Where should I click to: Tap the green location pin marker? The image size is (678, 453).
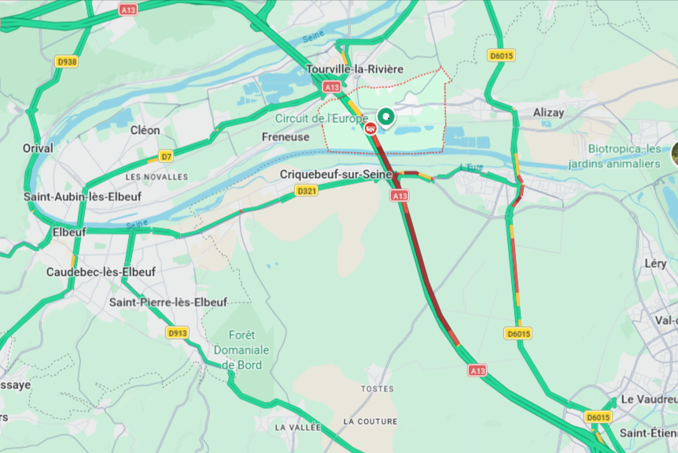385,118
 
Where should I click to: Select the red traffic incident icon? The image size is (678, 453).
370,128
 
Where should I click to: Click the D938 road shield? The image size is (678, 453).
67,61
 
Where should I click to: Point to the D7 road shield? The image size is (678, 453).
166,156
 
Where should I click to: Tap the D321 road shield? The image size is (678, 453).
307,191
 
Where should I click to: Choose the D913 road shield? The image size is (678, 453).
177,333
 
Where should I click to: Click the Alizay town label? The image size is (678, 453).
548,113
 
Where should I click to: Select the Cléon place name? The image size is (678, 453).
145,130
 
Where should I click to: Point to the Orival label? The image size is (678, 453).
38,148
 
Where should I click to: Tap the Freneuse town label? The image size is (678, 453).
286,136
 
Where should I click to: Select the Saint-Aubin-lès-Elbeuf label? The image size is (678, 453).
83,196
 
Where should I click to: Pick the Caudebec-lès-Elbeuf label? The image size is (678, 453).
101,272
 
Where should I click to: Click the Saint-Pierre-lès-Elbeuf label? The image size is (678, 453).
168,302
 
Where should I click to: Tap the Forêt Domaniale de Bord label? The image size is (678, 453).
240,349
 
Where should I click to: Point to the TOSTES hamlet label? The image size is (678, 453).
377,389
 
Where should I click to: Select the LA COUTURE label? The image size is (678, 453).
370,421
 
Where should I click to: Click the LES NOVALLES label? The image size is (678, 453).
157,176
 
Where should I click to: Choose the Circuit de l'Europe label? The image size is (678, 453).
321,118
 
